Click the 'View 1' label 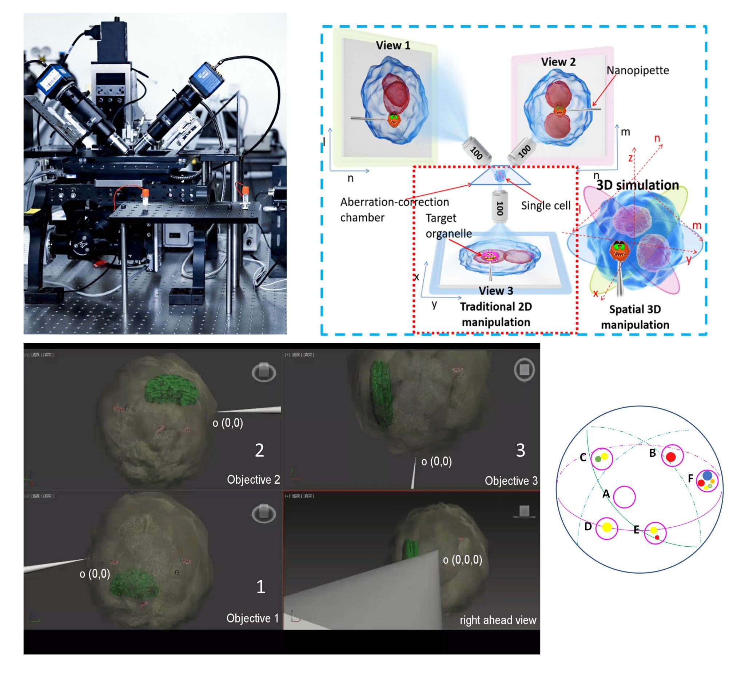pos(393,46)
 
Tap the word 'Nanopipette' pos(637,70)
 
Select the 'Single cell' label pos(545,205)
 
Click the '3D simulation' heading pos(637,185)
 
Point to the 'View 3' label pos(495,291)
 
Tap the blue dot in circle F pos(707,475)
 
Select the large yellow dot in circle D pos(607,527)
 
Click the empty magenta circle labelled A pos(624,497)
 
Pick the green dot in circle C pos(598,459)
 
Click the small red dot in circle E pos(657,537)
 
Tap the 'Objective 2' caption pos(253,479)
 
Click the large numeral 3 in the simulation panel pos(520,450)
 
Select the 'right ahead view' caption pos(497,620)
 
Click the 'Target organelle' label pos(448,226)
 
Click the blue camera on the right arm pos(206,78)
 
